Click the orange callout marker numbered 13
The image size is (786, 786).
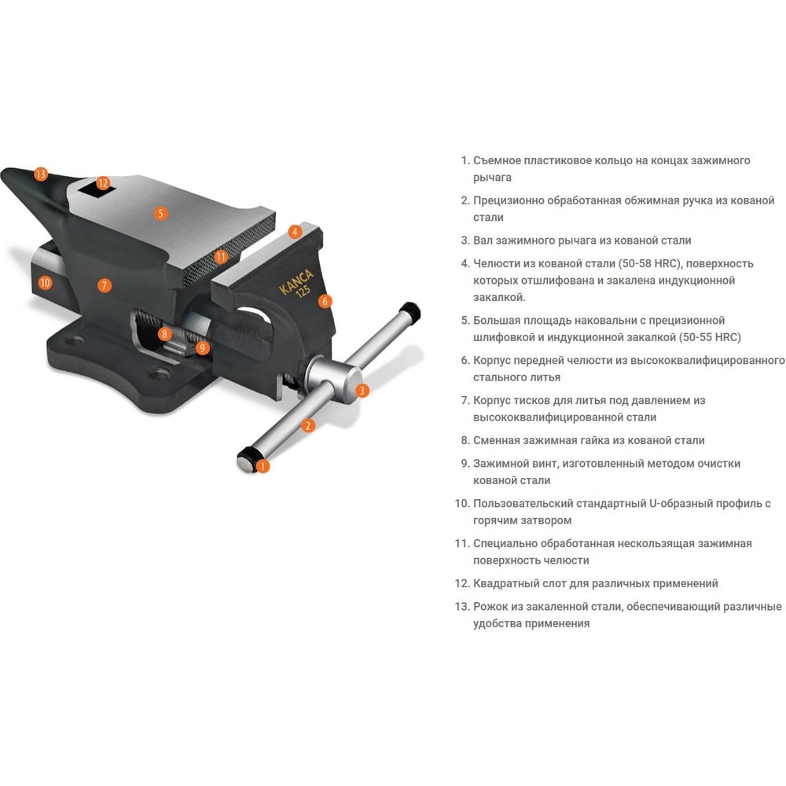click(41, 174)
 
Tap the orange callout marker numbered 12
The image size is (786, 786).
click(103, 183)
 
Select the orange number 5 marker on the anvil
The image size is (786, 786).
click(160, 214)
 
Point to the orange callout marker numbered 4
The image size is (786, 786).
click(295, 232)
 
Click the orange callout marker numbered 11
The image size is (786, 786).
click(221, 257)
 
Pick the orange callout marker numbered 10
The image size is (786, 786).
click(45, 283)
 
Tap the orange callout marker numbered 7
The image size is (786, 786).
click(105, 286)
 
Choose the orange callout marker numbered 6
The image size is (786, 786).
click(325, 301)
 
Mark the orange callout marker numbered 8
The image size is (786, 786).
click(164, 334)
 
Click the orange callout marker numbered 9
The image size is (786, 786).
click(202, 347)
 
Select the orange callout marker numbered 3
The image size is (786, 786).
click(362, 391)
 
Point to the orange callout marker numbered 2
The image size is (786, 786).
click(308, 425)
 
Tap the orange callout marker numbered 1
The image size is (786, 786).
click(263, 466)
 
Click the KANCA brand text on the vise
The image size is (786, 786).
click(296, 281)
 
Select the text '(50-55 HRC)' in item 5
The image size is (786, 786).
click(710, 337)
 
